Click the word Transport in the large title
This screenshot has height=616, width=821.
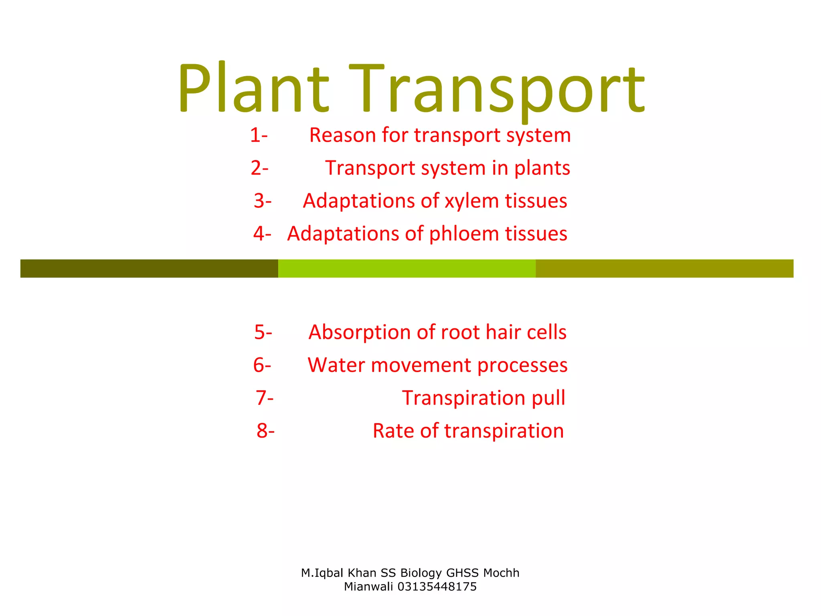tap(497, 90)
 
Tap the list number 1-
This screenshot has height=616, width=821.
tap(259, 135)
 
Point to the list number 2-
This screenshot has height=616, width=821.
tap(259, 168)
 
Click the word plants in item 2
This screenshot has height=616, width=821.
tap(542, 168)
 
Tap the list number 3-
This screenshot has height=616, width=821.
tap(263, 201)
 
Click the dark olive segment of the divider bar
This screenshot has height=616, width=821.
tap(149, 268)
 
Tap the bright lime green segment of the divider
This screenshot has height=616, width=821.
tap(407, 268)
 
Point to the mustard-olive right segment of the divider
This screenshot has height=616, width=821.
tap(664, 268)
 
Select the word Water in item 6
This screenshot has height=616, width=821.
tap(336, 365)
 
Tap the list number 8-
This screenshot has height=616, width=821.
tap(265, 431)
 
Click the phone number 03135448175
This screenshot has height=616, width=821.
tap(437, 587)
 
